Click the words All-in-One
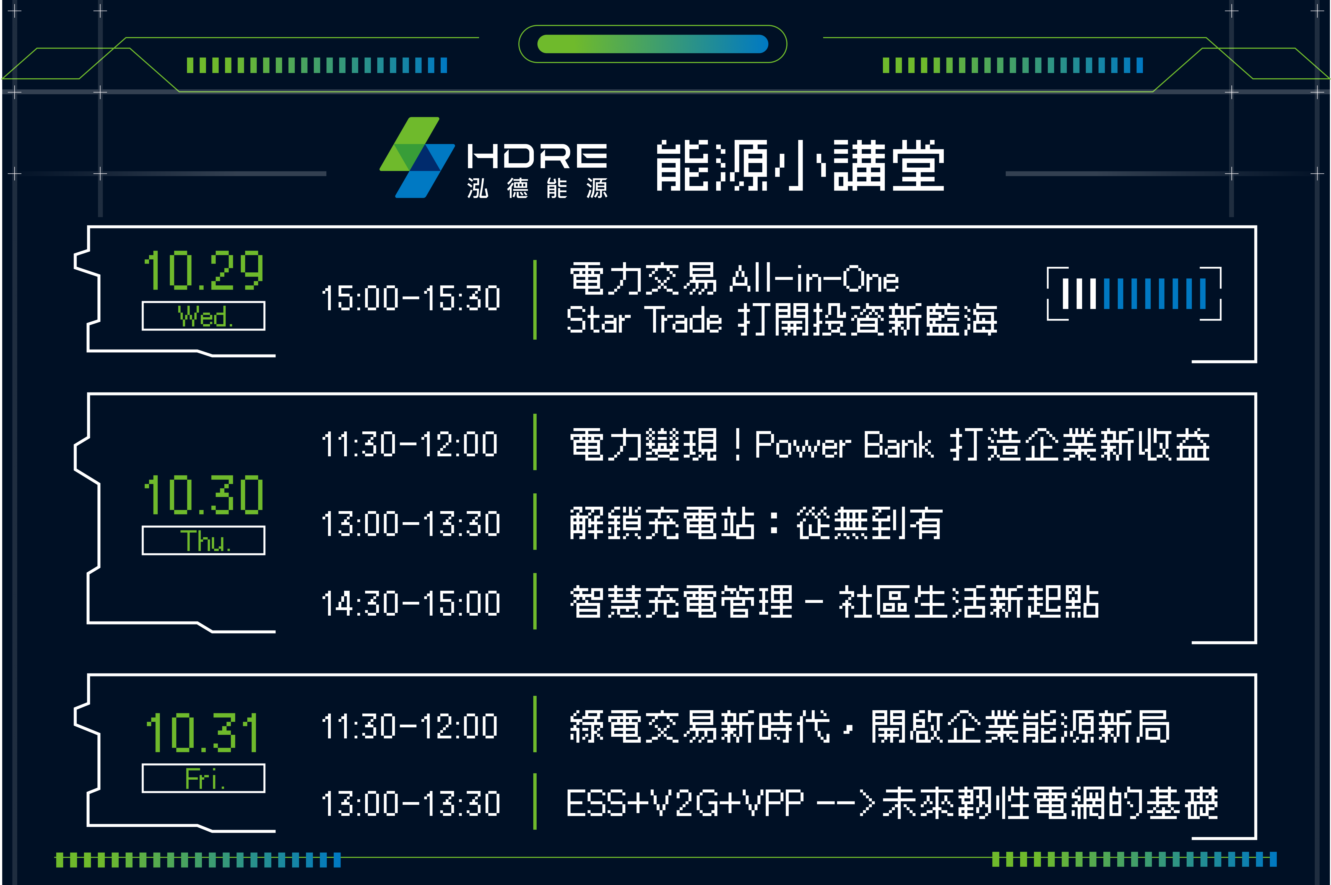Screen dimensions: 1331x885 click(814, 279)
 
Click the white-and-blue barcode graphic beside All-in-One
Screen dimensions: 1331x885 click(1134, 293)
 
